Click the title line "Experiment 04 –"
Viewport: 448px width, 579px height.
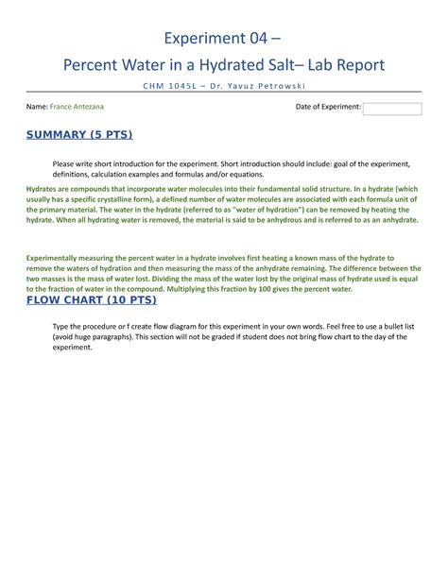point(223,38)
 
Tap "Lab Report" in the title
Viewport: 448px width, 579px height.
point(341,65)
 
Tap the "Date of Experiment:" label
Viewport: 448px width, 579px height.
point(328,108)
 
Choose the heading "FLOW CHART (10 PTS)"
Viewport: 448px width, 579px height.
point(91,300)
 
